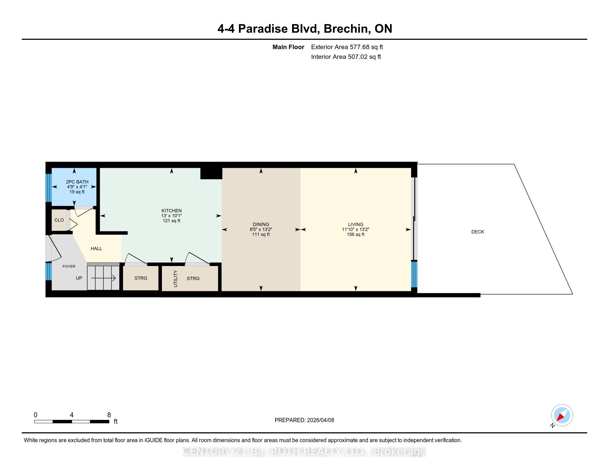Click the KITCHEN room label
(x=172, y=211)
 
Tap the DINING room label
(x=261, y=224)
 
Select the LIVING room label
(x=355, y=224)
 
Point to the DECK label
(x=478, y=232)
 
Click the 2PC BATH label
(x=77, y=182)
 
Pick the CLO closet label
(x=59, y=220)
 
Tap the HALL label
(x=96, y=248)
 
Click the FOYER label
(x=69, y=266)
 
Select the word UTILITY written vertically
(x=176, y=279)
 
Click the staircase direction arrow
(x=104, y=278)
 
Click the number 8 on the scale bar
(x=109, y=415)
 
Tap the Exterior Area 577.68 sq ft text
(x=347, y=47)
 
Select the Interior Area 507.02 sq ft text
(x=346, y=57)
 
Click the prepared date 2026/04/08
(x=320, y=420)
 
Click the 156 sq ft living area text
(x=355, y=234)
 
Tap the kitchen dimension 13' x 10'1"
(x=172, y=216)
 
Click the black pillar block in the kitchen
(x=211, y=173)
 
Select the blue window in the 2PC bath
(x=49, y=188)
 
